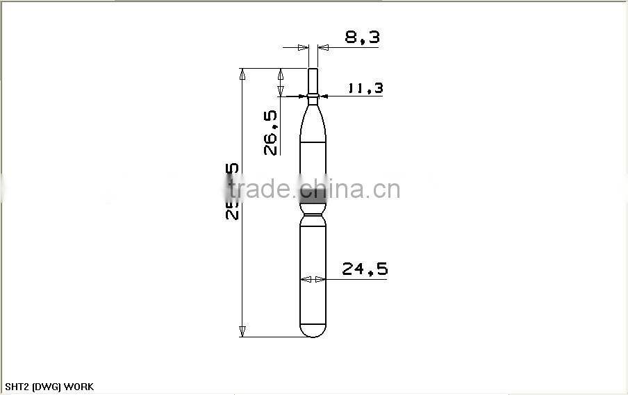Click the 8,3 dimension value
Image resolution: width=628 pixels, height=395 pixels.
coord(363,37)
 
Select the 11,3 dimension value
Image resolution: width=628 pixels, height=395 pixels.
coord(365,88)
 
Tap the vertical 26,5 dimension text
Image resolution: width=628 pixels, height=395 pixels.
coord(271,132)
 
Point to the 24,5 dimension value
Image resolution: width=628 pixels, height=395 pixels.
coord(365,269)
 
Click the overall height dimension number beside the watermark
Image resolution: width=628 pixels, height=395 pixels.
coord(232,192)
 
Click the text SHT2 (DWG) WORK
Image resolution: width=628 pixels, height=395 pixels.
coord(49,387)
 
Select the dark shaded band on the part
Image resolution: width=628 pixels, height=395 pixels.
coord(313,195)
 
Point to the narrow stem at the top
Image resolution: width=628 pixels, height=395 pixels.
coord(313,80)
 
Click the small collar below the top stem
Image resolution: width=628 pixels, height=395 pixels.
coord(313,96)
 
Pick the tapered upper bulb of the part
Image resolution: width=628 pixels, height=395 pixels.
coord(313,125)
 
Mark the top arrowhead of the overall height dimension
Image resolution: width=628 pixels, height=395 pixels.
coord(242,73)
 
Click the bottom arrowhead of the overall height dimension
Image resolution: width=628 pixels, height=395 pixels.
coord(242,332)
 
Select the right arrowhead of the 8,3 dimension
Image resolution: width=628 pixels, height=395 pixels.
coord(322,47)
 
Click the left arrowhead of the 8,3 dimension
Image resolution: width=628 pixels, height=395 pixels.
coord(303,47)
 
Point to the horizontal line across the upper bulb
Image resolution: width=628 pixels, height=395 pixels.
coord(313,142)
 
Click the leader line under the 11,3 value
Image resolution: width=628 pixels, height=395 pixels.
coord(354,96)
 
